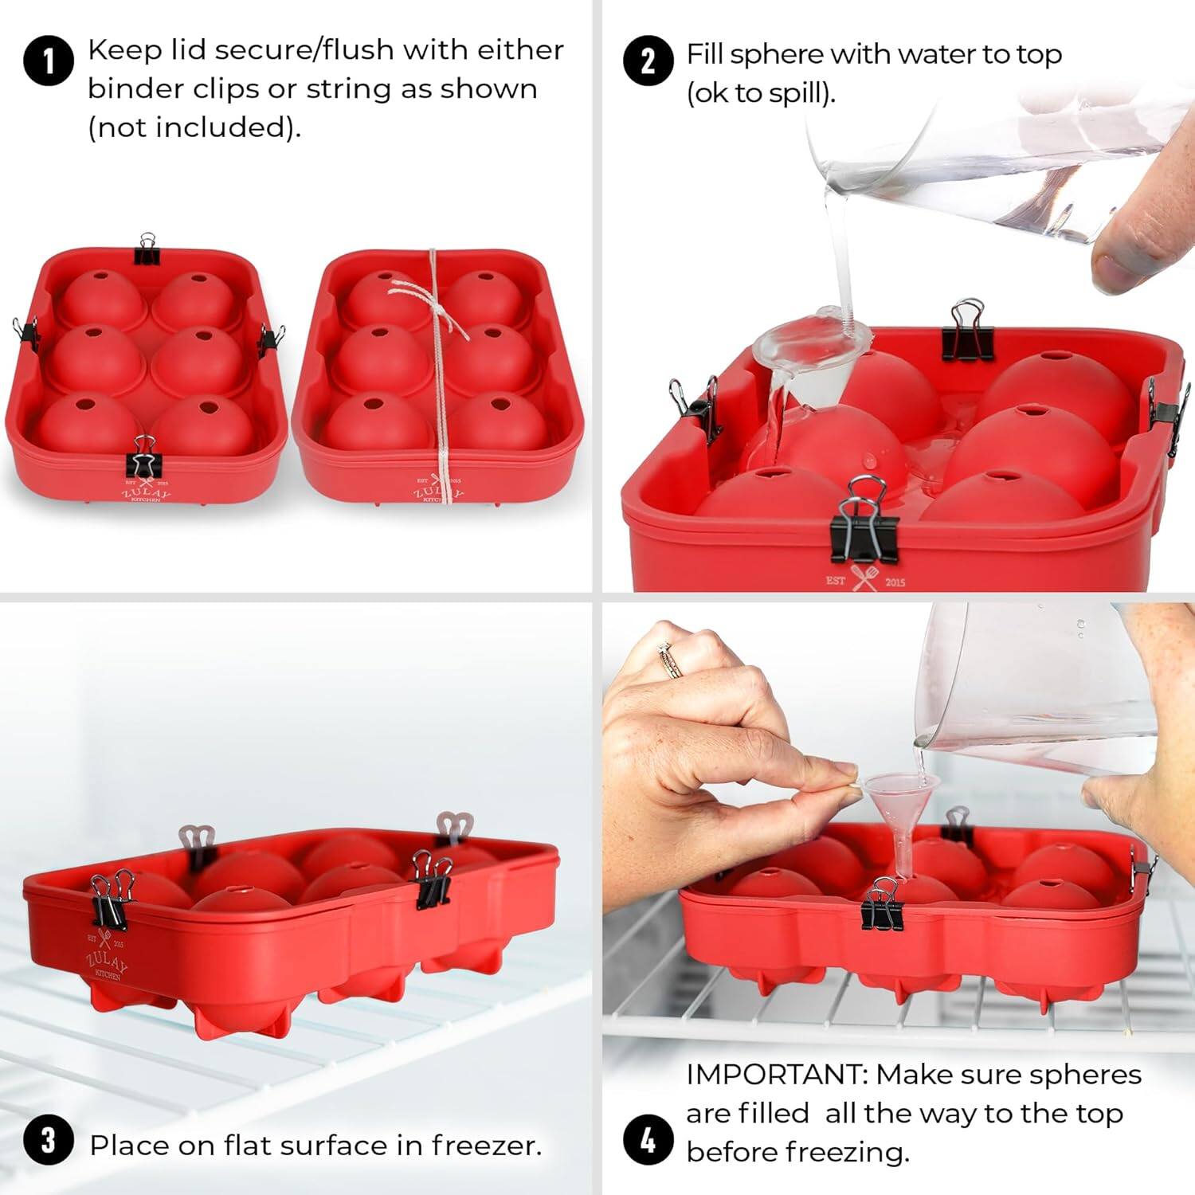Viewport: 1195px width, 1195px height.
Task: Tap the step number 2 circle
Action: pos(648,61)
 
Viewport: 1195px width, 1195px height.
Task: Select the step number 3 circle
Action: pos(48,1140)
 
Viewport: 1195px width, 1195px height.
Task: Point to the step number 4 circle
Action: pos(648,1140)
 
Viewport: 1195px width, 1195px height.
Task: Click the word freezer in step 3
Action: pos(486,1146)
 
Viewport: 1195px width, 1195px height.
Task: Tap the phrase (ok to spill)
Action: pos(761,93)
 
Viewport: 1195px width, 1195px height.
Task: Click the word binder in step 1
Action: pos(128,88)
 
